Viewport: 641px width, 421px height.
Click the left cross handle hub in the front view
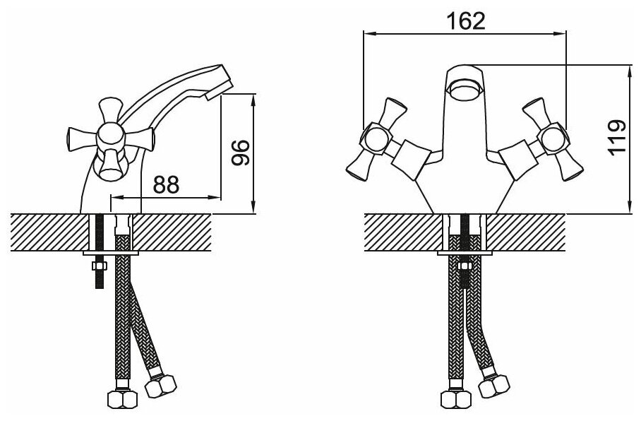pos(375,141)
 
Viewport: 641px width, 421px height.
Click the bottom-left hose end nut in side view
pos(121,399)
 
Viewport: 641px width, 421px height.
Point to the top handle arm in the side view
pos(110,109)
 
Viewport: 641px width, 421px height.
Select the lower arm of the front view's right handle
pos(569,167)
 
